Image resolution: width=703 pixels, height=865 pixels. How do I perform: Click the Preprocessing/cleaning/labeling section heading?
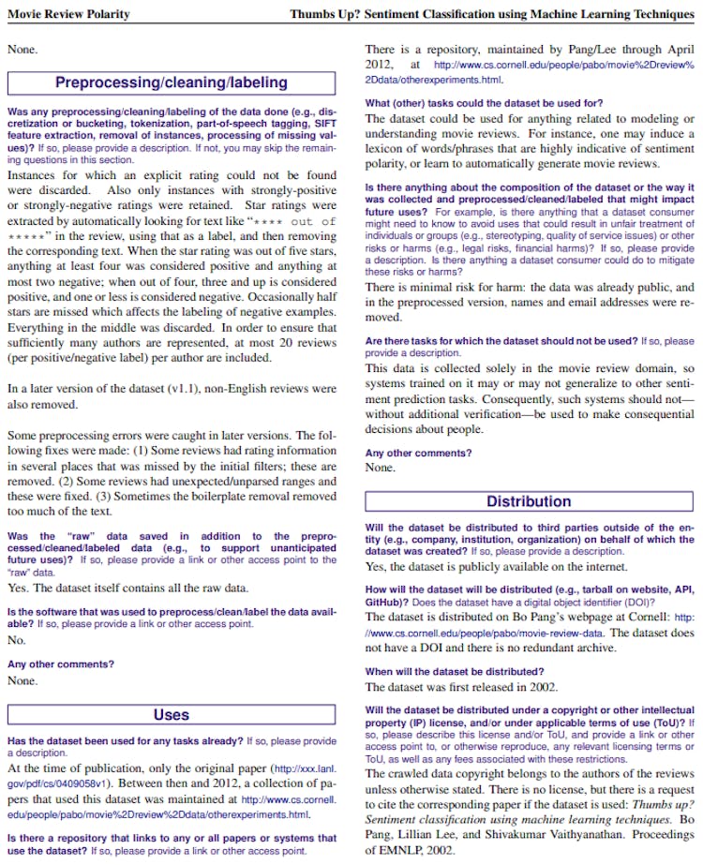pos(171,82)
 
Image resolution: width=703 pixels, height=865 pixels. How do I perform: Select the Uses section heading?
pos(171,715)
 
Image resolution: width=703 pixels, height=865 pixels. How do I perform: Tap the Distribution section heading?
pos(529,501)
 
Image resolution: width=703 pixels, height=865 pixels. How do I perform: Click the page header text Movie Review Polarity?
pos(68,14)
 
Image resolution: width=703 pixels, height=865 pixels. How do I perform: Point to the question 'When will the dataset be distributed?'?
pos(454,671)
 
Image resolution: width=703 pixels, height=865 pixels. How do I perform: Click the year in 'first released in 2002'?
pos(543,687)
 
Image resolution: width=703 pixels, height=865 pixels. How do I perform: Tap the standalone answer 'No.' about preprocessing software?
pos(16,640)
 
